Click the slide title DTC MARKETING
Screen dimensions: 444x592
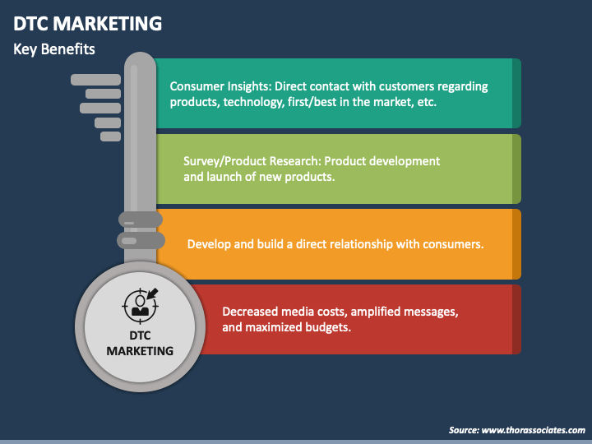87,22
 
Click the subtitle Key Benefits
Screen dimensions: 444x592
54,49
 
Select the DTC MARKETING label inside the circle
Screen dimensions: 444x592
140,343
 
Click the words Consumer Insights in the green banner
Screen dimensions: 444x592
220,86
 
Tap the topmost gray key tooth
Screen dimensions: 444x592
95,80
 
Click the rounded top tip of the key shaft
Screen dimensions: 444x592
140,62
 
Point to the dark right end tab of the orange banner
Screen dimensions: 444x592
516,244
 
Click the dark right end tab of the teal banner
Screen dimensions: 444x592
516,93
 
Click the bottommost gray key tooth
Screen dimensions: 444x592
110,136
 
